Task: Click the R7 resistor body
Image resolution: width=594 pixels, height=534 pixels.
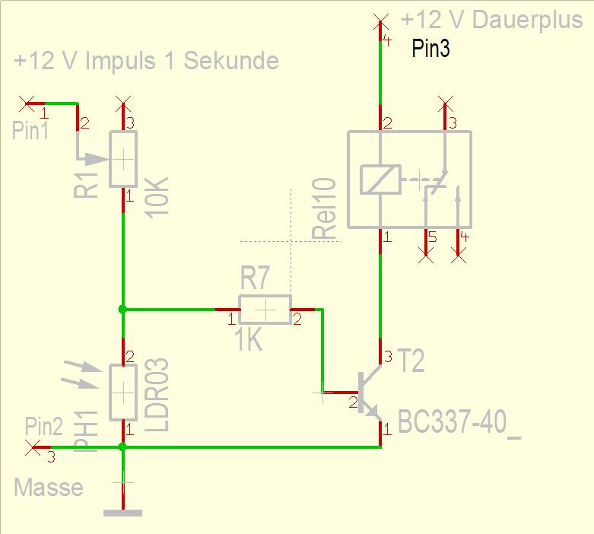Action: coord(265,310)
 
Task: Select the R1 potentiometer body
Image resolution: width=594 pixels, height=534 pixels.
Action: coord(123,159)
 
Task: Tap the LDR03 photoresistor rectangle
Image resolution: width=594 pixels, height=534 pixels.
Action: coord(123,393)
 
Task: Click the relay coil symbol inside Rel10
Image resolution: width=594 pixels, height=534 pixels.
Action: coord(380,180)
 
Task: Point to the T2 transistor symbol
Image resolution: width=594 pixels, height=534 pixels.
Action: coord(370,393)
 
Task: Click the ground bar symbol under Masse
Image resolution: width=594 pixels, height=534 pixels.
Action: coord(122,513)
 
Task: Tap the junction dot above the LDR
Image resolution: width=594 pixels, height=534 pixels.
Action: coord(122,310)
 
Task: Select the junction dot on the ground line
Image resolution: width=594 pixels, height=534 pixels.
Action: coord(122,447)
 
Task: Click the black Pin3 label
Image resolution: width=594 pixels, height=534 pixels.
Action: coord(430,48)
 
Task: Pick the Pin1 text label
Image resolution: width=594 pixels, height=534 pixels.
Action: coord(30,130)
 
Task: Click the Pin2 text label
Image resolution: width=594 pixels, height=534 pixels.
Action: coord(44,426)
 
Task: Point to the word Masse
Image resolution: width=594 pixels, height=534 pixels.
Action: coord(49,487)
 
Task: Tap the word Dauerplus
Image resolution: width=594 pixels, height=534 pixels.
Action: coord(527,20)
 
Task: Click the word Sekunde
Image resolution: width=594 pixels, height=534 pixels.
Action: coord(231,61)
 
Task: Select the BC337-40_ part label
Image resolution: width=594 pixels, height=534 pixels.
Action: coord(459,424)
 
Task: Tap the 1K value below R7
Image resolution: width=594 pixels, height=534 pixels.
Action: coord(248,340)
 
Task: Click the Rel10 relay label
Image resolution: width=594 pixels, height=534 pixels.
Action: coord(324,208)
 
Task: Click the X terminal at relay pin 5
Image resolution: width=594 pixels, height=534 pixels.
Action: coord(426,256)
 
